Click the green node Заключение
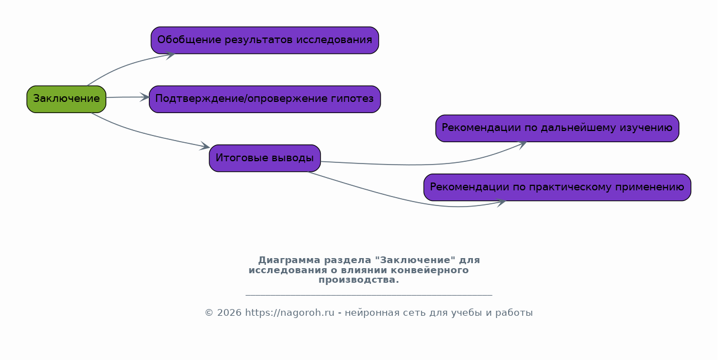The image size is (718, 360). pyautogui.click(x=67, y=99)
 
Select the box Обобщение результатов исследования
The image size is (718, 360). pyautogui.click(x=265, y=40)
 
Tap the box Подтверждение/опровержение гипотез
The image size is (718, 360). pyautogui.click(x=265, y=99)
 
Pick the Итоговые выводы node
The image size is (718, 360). pyautogui.click(x=265, y=158)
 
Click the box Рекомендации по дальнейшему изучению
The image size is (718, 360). pyautogui.click(x=557, y=128)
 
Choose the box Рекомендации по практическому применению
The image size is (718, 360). pyautogui.click(x=557, y=187)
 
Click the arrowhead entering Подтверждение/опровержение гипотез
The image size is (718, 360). pyautogui.click(x=145, y=97)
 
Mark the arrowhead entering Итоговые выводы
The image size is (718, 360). pyautogui.click(x=205, y=146)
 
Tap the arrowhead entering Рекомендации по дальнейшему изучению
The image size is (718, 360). pyautogui.click(x=522, y=145)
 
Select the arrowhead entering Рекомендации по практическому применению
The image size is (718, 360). pyautogui.click(x=501, y=203)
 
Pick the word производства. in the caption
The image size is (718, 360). pyautogui.click(x=359, y=280)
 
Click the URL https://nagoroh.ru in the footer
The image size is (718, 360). pyautogui.click(x=290, y=312)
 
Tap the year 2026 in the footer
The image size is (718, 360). pyautogui.click(x=229, y=312)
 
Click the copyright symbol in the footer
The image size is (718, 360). pyautogui.click(x=209, y=312)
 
